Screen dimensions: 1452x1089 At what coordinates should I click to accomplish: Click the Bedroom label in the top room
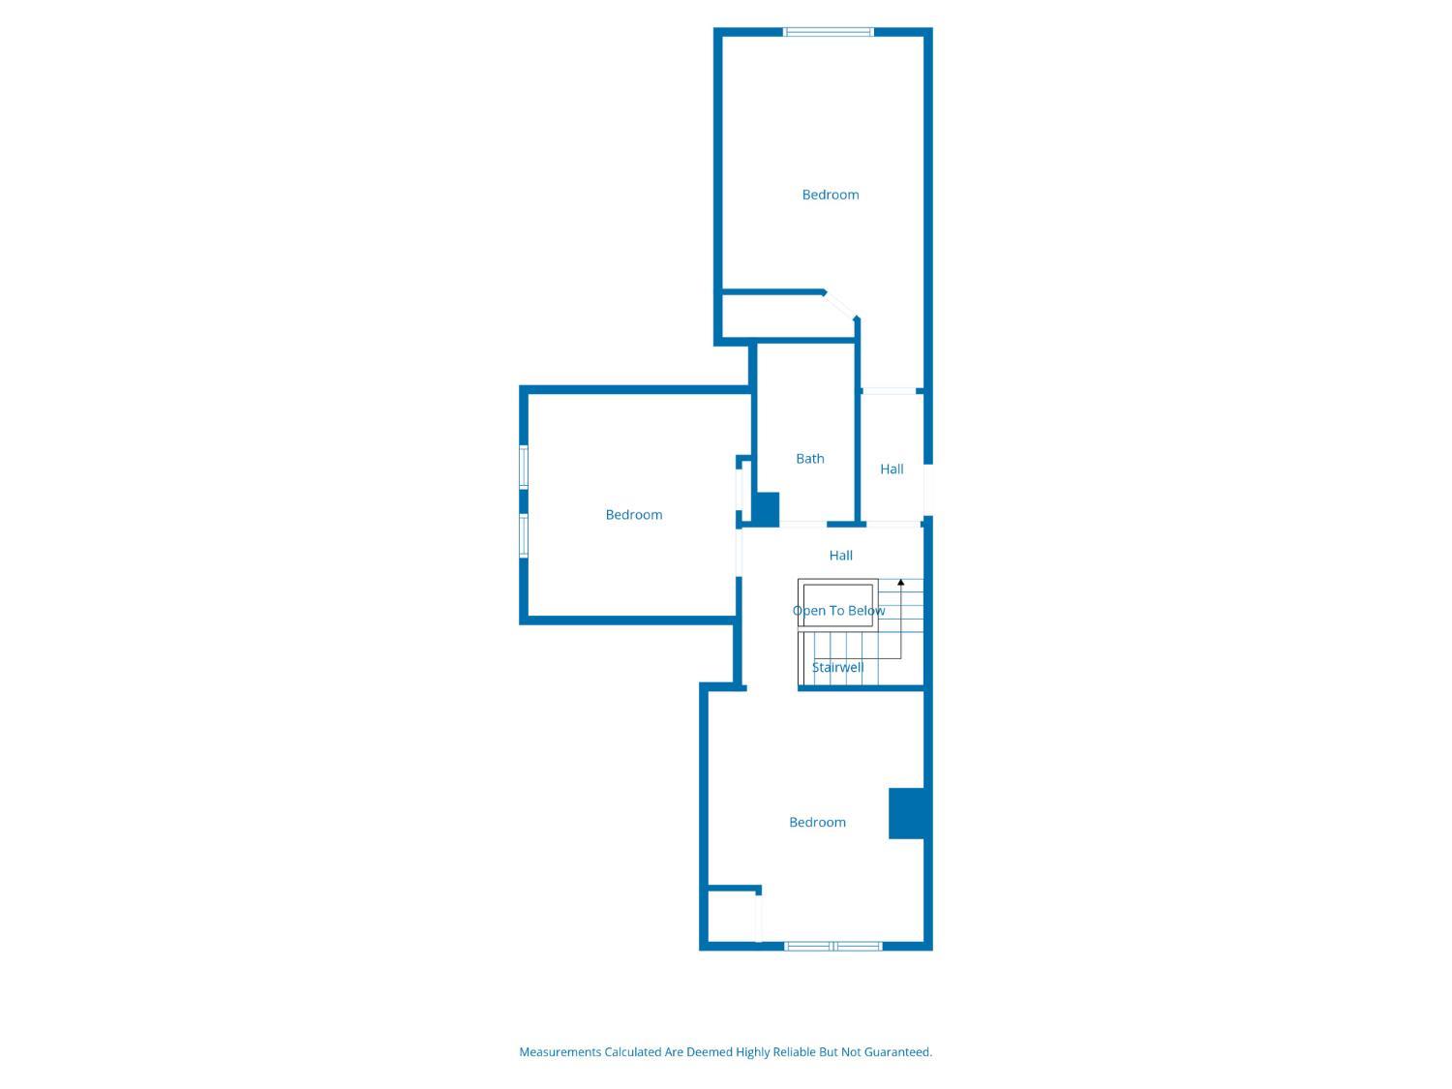(831, 195)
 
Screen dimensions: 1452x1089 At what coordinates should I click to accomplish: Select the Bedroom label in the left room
(634, 514)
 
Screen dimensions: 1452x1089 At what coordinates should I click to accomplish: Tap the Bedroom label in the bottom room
(817, 822)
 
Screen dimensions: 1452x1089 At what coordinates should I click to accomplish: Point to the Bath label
(809, 458)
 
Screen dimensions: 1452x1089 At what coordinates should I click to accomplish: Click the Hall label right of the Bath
(892, 469)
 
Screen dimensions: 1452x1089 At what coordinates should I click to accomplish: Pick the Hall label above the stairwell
(841, 556)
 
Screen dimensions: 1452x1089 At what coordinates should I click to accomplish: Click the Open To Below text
(838, 610)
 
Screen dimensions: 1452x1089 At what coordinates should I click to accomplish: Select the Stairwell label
(837, 667)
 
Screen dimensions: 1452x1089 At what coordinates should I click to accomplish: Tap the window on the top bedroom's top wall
(829, 32)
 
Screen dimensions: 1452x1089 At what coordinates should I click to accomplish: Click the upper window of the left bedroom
(524, 467)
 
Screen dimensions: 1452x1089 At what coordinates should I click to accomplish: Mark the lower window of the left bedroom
(524, 535)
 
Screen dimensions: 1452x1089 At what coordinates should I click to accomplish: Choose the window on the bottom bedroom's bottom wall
(832, 946)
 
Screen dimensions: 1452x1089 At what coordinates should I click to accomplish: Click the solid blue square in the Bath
(768, 510)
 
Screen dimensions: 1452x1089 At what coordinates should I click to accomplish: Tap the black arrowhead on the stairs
(900, 583)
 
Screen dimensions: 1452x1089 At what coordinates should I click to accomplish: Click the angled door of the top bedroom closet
(839, 305)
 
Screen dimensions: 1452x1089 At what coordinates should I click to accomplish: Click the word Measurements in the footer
(560, 1052)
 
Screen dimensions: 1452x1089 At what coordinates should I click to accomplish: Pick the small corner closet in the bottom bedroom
(732, 916)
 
